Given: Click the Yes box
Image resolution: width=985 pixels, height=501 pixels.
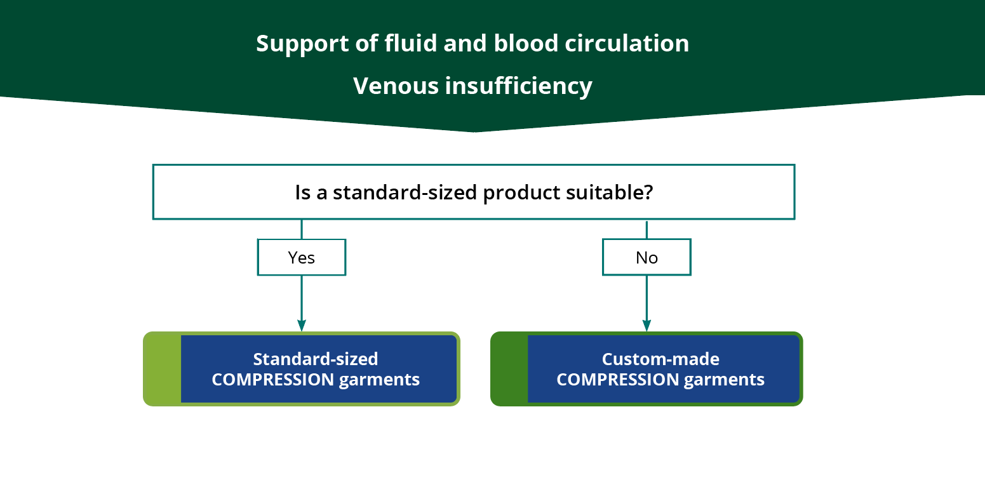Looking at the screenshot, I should click(302, 257).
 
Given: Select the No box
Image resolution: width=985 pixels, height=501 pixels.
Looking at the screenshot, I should click(647, 257).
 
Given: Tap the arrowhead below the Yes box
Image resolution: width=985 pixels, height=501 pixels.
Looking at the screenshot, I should click(302, 324).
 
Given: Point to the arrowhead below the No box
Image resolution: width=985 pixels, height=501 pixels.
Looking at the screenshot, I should click(647, 324).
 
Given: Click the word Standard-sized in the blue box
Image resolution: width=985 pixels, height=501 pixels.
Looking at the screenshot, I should click(316, 359).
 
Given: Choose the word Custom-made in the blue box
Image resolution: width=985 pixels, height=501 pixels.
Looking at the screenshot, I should click(660, 359).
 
